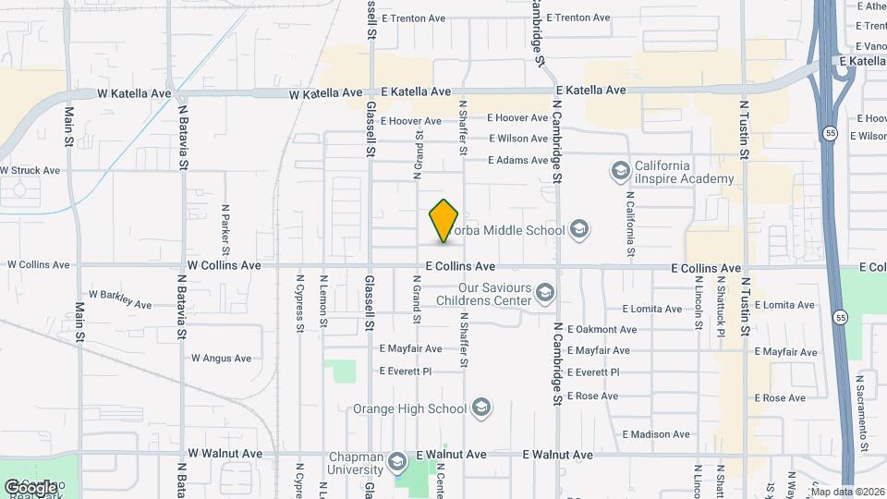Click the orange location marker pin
(x=444, y=221)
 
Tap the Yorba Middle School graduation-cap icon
(x=579, y=229)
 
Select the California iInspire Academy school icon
(x=620, y=171)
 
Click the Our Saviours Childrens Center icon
(x=544, y=294)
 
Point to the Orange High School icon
(x=480, y=408)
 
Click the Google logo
(x=30, y=487)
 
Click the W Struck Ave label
(x=30, y=170)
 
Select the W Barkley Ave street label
(x=121, y=297)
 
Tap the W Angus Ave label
(x=222, y=359)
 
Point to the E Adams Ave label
(x=518, y=160)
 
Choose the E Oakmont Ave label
(x=601, y=329)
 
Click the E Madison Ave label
(x=656, y=434)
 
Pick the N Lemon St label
(x=323, y=300)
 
